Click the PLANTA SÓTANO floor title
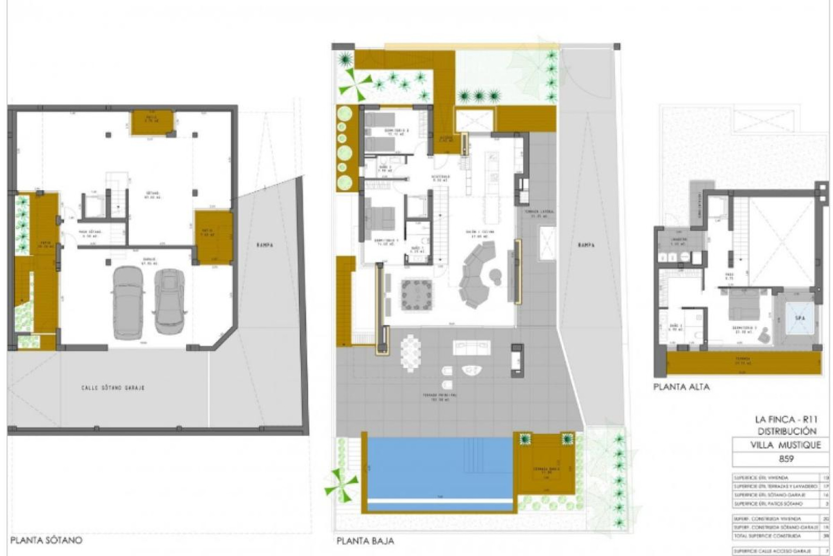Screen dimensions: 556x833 (x=46, y=540)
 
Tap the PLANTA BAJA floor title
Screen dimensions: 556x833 (x=365, y=541)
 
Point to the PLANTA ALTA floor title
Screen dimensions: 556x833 (x=682, y=387)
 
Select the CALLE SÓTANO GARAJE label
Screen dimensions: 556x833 (x=113, y=388)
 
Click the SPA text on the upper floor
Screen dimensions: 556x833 (x=800, y=318)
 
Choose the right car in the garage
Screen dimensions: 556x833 (x=170, y=301)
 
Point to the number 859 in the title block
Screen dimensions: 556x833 (x=780, y=458)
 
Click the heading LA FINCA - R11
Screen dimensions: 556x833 (x=786, y=420)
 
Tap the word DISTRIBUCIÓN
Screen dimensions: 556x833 (x=787, y=431)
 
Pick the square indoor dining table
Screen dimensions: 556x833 (x=416, y=295)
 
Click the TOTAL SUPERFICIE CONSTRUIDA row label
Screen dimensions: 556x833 (x=767, y=536)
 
